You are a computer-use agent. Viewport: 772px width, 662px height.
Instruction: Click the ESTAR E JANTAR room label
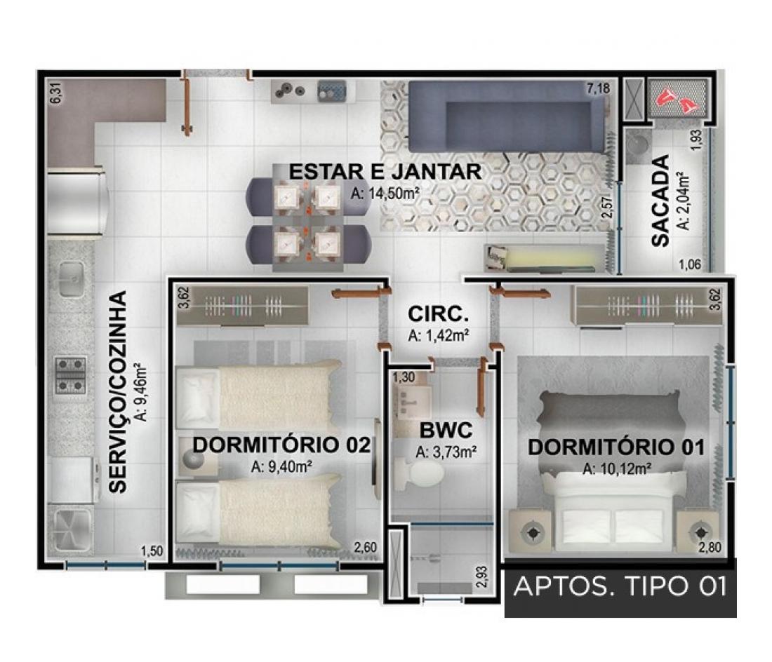pos(385,172)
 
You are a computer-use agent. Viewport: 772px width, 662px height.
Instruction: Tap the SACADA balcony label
pos(660,201)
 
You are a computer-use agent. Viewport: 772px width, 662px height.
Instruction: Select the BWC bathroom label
pos(445,431)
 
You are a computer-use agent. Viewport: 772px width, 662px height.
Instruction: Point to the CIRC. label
pos(438,313)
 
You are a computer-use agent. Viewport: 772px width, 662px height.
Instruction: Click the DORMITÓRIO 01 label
pos(616,447)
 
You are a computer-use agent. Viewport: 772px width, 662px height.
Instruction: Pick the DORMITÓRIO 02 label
pos(281,445)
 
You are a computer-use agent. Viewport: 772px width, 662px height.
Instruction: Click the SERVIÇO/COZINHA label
pos(118,392)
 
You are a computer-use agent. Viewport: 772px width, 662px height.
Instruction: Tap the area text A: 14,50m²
pos(385,194)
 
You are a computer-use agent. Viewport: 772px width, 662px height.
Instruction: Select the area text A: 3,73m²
pos(446,452)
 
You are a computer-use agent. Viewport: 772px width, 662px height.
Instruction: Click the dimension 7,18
pos(598,88)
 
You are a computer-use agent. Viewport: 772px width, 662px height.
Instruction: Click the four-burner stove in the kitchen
pos(71,375)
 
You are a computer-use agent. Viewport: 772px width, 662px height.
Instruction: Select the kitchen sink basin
pos(72,279)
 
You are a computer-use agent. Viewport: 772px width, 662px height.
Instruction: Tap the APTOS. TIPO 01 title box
pos(620,587)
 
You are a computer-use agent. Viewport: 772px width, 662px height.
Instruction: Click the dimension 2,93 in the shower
pos(482,577)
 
